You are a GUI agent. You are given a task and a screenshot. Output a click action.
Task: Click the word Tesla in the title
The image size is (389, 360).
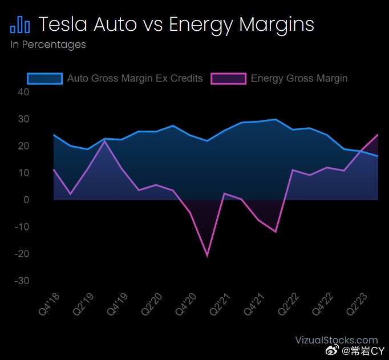pos(63,24)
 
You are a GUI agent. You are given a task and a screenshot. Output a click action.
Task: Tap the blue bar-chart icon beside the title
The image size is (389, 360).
pos(20,25)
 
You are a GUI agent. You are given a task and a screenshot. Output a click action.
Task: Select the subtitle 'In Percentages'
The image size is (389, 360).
pos(48,45)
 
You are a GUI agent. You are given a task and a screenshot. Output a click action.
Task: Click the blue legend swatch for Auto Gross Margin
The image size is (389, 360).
pos(44,79)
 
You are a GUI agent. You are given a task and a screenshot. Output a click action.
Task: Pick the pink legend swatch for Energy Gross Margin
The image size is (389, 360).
pos(229,79)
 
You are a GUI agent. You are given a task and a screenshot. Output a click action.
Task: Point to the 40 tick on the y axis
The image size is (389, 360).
pos(23,92)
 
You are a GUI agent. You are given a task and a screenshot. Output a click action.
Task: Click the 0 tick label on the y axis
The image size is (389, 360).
pos(26,200)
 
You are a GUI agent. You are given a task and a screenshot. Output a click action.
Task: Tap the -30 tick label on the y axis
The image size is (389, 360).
pos(22,281)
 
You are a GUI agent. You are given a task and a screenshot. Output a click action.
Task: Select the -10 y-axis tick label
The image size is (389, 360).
pos(22,226)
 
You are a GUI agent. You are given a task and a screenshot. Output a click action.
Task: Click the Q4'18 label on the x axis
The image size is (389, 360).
pos(50,304)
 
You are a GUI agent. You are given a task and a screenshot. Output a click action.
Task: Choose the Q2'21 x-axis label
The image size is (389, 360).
pos(220,304)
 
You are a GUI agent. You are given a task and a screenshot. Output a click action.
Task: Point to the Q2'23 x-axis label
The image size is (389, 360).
pos(356,304)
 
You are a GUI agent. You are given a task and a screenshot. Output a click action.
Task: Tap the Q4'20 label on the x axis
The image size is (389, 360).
pos(186,304)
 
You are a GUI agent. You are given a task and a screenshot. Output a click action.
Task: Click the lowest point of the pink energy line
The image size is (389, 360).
pos(207,256)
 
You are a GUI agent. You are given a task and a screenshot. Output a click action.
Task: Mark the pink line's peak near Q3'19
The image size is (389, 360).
pos(105,141)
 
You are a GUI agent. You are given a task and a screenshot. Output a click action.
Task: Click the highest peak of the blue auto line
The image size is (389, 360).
pos(275,119)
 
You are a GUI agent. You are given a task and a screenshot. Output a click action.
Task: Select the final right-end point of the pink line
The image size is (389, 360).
pos(378,135)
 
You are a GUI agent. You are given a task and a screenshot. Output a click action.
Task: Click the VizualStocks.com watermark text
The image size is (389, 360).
pos(337,340)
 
